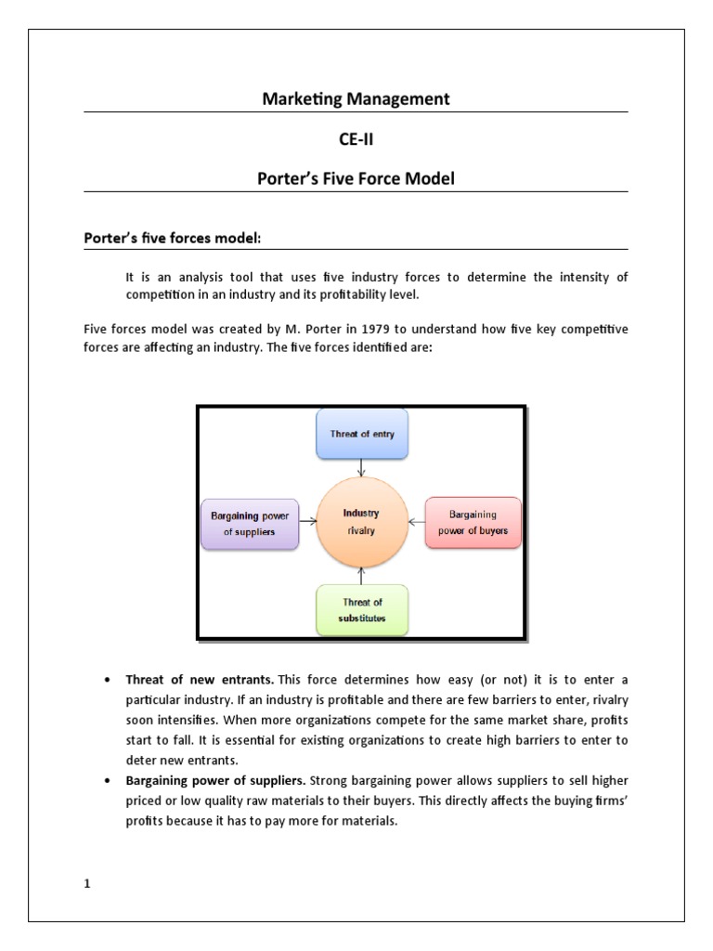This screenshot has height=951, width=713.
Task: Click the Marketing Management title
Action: pos(356,98)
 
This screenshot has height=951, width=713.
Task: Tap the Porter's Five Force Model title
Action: pos(356,178)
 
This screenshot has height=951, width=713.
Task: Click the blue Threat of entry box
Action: pos(361,434)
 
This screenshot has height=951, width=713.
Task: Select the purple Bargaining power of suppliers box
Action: pos(250,523)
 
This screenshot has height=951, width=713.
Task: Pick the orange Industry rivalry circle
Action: pos(361,522)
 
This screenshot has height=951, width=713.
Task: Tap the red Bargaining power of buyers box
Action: pos(473,523)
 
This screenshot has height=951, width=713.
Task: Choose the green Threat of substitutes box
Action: pos(361,609)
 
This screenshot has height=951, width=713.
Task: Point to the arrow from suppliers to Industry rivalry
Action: pos(307,523)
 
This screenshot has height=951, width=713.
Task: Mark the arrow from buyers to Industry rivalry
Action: pos(416,523)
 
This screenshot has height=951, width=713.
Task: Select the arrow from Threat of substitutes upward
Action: pos(361,575)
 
